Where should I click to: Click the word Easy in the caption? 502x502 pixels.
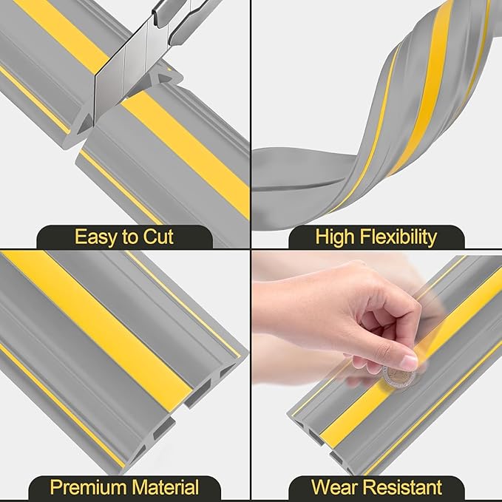[95, 237]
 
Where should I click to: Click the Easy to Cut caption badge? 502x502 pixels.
[124, 237]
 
